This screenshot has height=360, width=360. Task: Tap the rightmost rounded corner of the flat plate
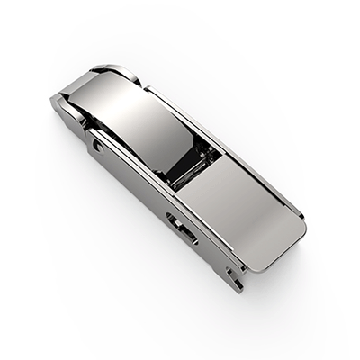coord(299,221)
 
